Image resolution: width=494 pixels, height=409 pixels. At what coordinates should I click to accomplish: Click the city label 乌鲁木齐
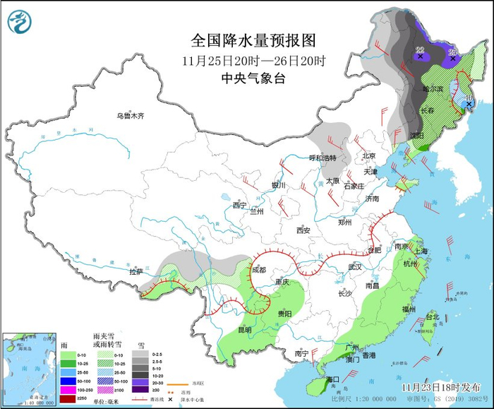pyautogui.click(x=131, y=115)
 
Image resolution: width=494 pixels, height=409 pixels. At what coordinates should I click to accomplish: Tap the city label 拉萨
pyautogui.click(x=136, y=271)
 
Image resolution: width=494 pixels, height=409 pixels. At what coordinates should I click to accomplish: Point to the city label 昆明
pyautogui.click(x=243, y=329)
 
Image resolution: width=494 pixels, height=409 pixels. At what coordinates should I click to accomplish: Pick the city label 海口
pyautogui.click(x=333, y=380)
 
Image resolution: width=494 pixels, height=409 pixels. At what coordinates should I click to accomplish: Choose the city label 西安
pyautogui.click(x=303, y=230)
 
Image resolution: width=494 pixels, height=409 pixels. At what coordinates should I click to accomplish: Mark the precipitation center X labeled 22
pyautogui.click(x=421, y=56)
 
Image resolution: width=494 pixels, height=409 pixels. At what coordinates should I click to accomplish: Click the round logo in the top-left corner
pyautogui.click(x=19, y=21)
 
